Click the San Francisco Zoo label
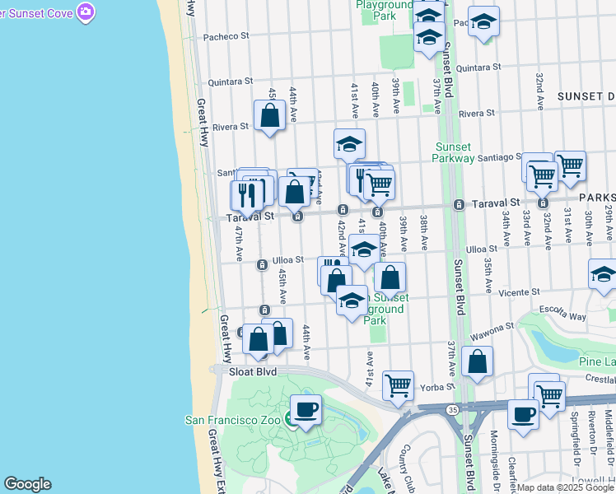pos(236,419)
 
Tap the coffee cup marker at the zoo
pos(306,409)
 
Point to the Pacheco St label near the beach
pos(226,36)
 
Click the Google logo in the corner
pos(27,484)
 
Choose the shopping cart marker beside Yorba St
pos(398,384)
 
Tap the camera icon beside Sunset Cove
pos(86,12)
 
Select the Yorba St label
pos(439,386)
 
